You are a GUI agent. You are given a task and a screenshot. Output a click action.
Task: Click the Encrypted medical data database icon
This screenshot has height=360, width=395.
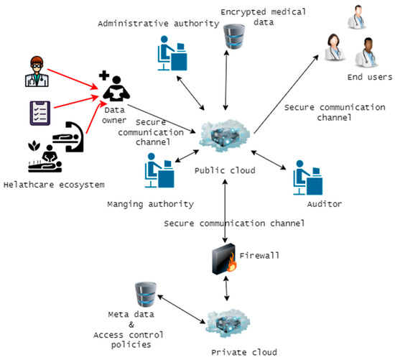tap(231, 38)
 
